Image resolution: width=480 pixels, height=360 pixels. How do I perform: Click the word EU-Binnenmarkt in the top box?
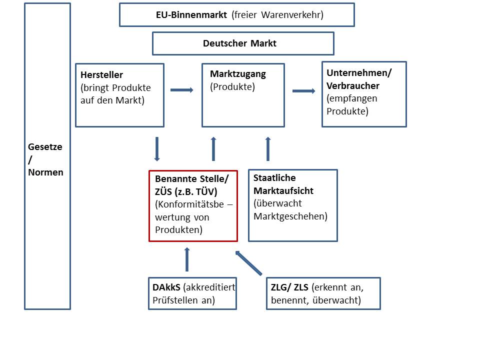pyautogui.click(x=191, y=15)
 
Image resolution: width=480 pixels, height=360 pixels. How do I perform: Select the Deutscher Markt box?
pyautogui.click(x=243, y=43)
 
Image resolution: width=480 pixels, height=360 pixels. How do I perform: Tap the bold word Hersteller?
pyautogui.click(x=101, y=75)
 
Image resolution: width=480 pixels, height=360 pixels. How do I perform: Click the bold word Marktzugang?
pyautogui.click(x=238, y=74)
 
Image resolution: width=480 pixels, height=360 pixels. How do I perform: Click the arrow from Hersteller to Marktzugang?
pyautogui.click(x=182, y=90)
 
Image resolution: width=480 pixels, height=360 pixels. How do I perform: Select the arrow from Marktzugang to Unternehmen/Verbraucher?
pyautogui.click(x=304, y=90)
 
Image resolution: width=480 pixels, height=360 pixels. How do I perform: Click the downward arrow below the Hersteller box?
pyautogui.click(x=157, y=148)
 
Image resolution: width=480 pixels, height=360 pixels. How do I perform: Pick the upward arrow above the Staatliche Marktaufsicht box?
pyautogui.click(x=267, y=148)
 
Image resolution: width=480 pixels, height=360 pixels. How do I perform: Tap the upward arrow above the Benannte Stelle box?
pyautogui.click(x=213, y=148)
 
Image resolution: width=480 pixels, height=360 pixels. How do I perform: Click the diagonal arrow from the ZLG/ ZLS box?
pyautogui.click(x=248, y=263)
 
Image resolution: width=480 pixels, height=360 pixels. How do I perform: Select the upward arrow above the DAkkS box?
pyautogui.click(x=187, y=259)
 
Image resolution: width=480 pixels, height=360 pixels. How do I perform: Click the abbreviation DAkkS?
pyautogui.click(x=166, y=288)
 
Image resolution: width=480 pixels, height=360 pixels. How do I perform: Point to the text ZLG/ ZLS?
pyautogui.click(x=289, y=288)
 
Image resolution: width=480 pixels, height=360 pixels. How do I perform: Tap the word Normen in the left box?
pyautogui.click(x=46, y=172)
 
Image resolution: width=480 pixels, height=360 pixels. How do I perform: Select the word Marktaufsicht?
pyautogui.click(x=283, y=190)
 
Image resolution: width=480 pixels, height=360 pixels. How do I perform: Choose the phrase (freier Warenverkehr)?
pyautogui.click(x=277, y=15)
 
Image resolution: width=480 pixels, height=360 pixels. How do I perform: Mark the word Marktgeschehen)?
pyautogui.click(x=290, y=216)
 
